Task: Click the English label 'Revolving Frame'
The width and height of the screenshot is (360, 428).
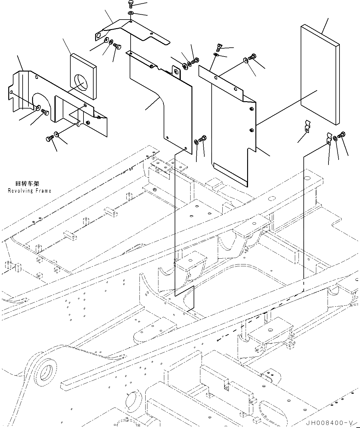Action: click(30, 191)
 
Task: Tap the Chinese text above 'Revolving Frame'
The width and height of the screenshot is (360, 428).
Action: click(27, 183)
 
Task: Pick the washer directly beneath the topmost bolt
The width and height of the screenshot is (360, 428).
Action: click(131, 13)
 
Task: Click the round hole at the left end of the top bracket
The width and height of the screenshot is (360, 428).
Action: click(98, 36)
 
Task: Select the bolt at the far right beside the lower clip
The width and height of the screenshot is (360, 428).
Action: click(342, 135)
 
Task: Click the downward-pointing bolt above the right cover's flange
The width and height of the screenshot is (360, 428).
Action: click(219, 47)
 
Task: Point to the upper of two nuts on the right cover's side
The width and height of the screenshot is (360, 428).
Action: click(251, 109)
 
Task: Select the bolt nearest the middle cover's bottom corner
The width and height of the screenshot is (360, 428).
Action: click(202, 138)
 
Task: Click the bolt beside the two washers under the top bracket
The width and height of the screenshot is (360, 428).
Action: click(117, 46)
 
